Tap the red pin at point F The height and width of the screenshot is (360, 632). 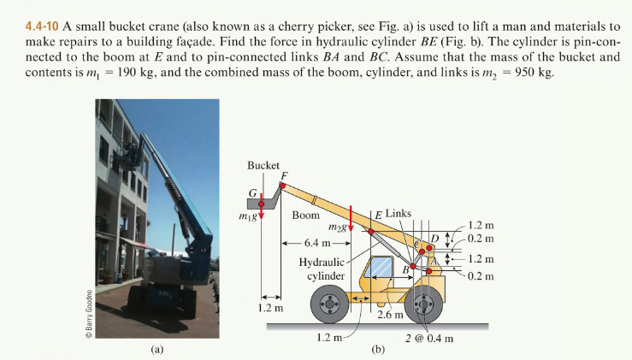click(x=283, y=184)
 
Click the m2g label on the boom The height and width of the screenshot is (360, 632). click(x=339, y=227)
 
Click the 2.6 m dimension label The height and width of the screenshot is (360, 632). click(x=390, y=318)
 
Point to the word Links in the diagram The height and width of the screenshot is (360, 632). click(x=399, y=212)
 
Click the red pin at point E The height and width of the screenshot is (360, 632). click(x=371, y=231)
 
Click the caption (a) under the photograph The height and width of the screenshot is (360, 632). click(x=157, y=349)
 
